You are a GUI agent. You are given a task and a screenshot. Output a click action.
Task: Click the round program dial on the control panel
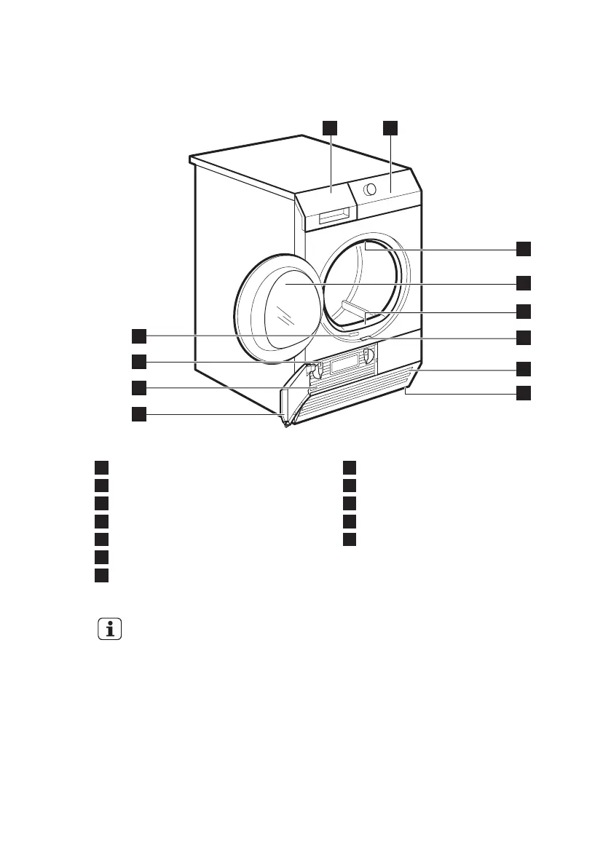pyautogui.click(x=371, y=189)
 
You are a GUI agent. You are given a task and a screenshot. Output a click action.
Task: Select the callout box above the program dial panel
pyautogui.click(x=391, y=127)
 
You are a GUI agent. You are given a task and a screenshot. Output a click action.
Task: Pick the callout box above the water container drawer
pyautogui.click(x=331, y=127)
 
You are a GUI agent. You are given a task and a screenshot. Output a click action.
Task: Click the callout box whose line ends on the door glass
pyautogui.click(x=524, y=281)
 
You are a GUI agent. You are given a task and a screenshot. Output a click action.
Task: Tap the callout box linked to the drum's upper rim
pyautogui.click(x=524, y=248)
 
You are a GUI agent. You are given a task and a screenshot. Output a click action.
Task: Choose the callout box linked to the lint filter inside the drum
pyautogui.click(x=524, y=311)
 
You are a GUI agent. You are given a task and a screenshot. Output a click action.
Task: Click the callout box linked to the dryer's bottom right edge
pyautogui.click(x=524, y=393)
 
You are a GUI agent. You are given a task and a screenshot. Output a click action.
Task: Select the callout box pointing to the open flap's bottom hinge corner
pyautogui.click(x=138, y=414)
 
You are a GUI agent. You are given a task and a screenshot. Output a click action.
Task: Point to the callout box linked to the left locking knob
pyautogui.click(x=138, y=360)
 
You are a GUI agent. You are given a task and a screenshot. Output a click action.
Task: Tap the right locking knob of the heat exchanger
pyautogui.click(x=368, y=356)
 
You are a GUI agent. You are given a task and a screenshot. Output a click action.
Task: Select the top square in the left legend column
pyautogui.click(x=101, y=467)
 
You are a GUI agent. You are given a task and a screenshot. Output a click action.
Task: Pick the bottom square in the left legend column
pyautogui.click(x=101, y=575)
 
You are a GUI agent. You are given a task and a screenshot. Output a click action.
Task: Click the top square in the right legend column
pyautogui.click(x=350, y=467)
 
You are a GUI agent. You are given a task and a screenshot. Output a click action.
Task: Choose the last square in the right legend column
pyautogui.click(x=350, y=539)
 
